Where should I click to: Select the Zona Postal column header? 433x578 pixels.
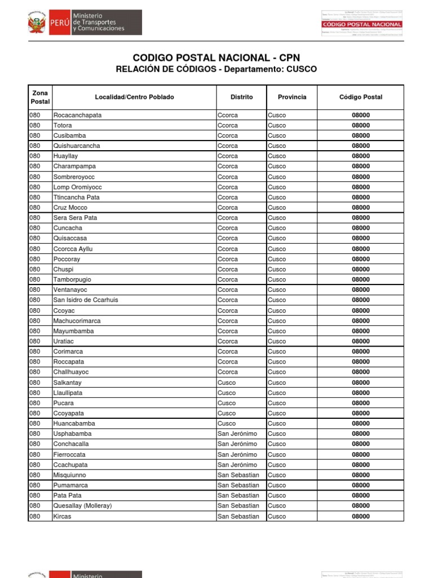coord(39,97)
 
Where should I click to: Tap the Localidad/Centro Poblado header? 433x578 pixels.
coord(134,97)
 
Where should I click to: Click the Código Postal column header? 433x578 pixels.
coord(360,97)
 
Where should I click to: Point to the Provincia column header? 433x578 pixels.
coord(292,97)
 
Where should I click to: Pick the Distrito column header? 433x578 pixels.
coord(241,97)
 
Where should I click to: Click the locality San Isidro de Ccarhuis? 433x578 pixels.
coord(86,300)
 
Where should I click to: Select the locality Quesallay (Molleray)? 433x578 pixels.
coord(82,506)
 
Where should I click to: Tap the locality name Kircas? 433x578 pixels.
coord(62,516)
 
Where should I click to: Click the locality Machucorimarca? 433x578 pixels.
coord(77,321)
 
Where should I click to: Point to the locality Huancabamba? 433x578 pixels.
coord(74,423)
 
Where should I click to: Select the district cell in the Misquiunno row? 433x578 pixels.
coord(238,475)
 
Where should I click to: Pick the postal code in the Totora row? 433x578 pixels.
coord(360,125)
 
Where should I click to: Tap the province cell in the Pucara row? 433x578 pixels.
coord(277,403)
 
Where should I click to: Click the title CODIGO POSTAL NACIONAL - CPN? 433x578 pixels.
coord(216,58)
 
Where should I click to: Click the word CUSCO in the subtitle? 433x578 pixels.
coord(301,69)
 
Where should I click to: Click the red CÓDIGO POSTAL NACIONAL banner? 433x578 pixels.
coord(361,25)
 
